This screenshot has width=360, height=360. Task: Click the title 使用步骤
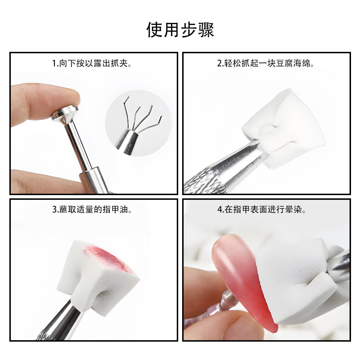[180, 30]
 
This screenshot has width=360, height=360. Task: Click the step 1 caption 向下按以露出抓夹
[93, 64]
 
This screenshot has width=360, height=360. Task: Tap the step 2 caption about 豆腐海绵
[266, 64]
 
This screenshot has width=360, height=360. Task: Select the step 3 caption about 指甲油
[93, 210]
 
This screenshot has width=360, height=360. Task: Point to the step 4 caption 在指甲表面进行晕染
[266, 210]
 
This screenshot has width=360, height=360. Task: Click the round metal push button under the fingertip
[65, 112]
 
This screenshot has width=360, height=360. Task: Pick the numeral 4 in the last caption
[219, 210]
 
